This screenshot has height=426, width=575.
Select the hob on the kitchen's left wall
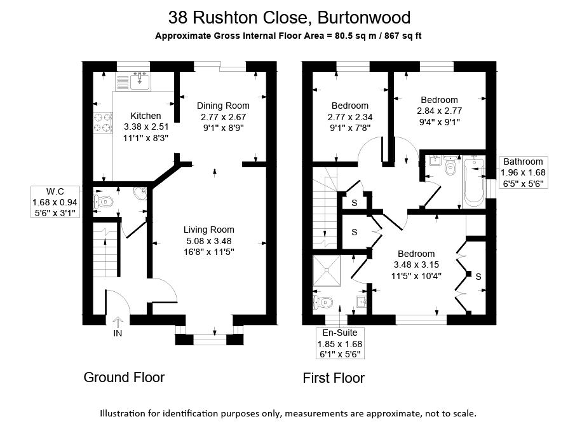[102, 122]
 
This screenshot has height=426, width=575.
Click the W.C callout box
[56, 202]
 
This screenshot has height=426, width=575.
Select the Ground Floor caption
[124, 378]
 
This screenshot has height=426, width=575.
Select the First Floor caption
[334, 378]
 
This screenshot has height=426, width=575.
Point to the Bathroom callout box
[524, 172]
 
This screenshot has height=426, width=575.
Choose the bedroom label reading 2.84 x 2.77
[439, 111]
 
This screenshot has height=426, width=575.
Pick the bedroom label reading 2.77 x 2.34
[349, 116]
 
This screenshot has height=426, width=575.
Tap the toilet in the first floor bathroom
[450, 167]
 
